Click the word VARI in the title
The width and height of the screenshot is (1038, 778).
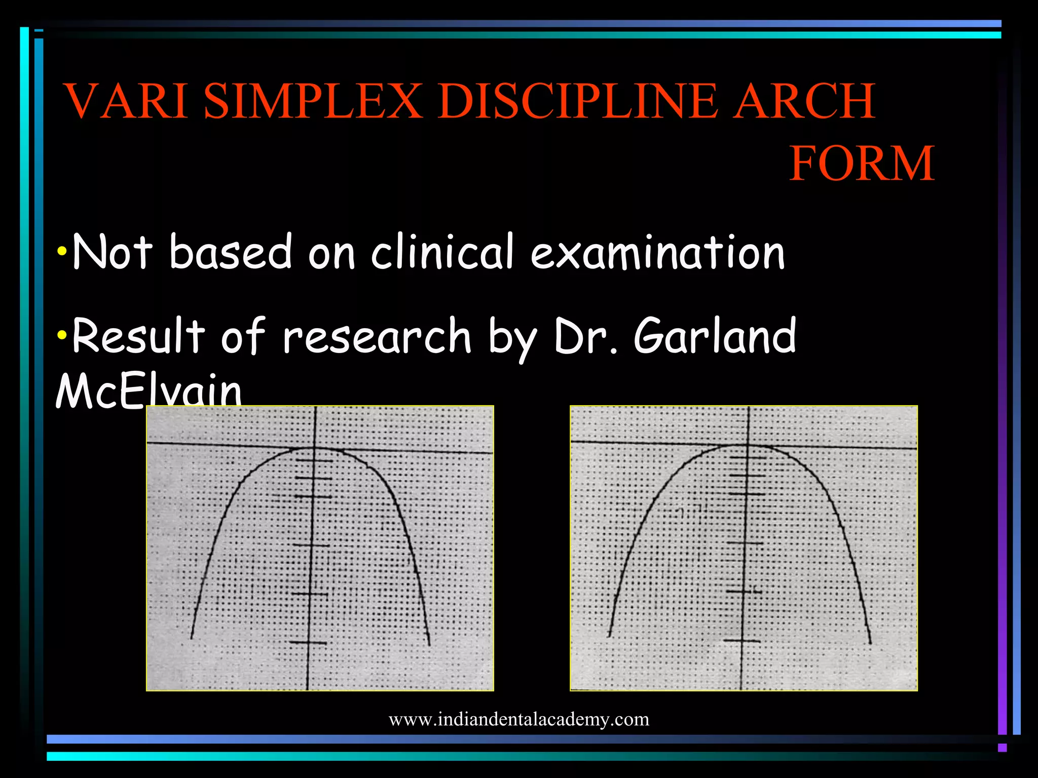point(127,101)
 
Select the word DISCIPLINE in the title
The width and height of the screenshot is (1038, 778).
point(578,101)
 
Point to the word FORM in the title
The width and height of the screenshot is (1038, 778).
point(862,164)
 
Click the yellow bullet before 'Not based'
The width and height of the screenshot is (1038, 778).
point(62,251)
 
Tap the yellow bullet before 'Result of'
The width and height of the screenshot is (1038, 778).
point(62,335)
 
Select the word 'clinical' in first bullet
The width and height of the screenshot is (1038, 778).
point(442,252)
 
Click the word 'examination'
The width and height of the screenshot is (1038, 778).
point(657,252)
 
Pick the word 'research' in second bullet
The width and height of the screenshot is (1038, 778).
point(377,336)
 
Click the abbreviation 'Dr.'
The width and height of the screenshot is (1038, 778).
point(585,336)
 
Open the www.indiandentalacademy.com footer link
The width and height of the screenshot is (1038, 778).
point(518,719)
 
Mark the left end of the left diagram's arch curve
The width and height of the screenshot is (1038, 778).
point(191,638)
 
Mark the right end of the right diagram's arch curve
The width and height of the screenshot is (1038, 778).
point(870,643)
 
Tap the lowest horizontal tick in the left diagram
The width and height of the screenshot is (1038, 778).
point(308,643)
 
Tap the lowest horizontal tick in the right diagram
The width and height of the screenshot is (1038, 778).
point(742,641)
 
